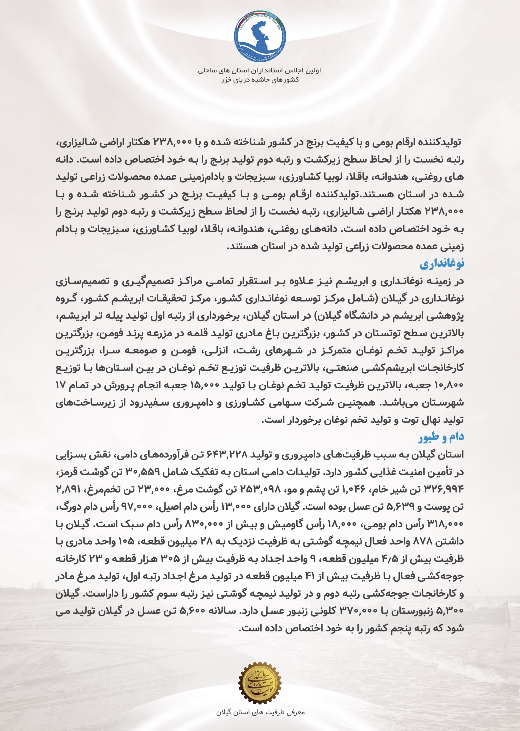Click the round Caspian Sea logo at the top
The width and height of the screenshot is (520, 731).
pyautogui.click(x=260, y=36)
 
